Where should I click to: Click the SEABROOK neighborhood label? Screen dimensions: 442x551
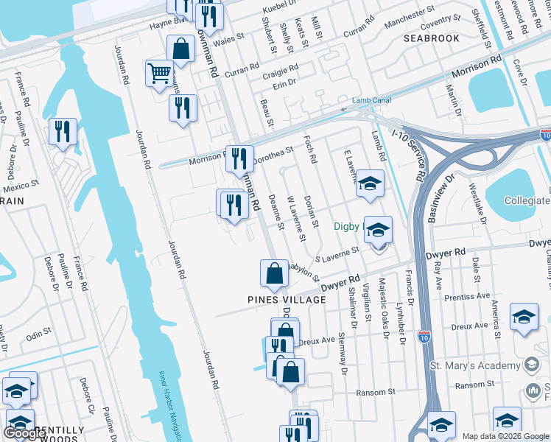pyautogui.click(x=432, y=38)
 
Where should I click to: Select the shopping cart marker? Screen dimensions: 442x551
pyautogui.click(x=159, y=74)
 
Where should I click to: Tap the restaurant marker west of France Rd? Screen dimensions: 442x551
pyautogui.click(x=63, y=132)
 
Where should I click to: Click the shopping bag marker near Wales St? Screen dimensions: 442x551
pyautogui.click(x=180, y=50)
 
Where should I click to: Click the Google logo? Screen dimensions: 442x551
pyautogui.click(x=24, y=433)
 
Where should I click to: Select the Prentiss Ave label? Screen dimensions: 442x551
pyautogui.click(x=468, y=295)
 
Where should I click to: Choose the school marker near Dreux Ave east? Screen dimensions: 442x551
pyautogui.click(x=524, y=317)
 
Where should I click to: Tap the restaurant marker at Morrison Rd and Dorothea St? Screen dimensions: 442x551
pyautogui.click(x=239, y=157)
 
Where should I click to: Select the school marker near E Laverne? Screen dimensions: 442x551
pyautogui.click(x=371, y=183)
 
